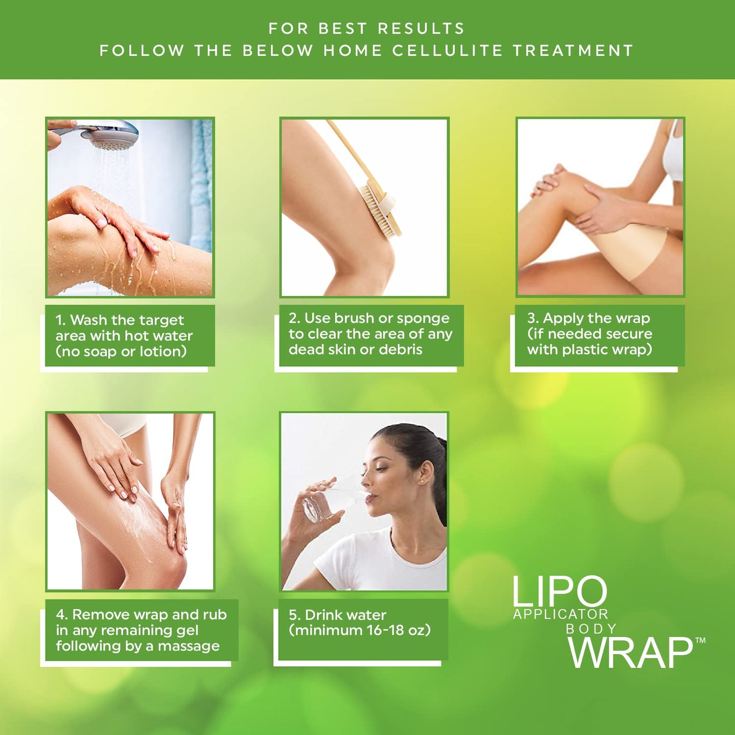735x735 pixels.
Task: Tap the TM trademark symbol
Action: click(x=700, y=641)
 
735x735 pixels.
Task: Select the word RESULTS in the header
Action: click(x=421, y=28)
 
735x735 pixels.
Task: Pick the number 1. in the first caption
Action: click(x=61, y=320)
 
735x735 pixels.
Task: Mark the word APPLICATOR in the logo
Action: click(x=561, y=614)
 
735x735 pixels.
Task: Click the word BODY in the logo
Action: click(x=591, y=629)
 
